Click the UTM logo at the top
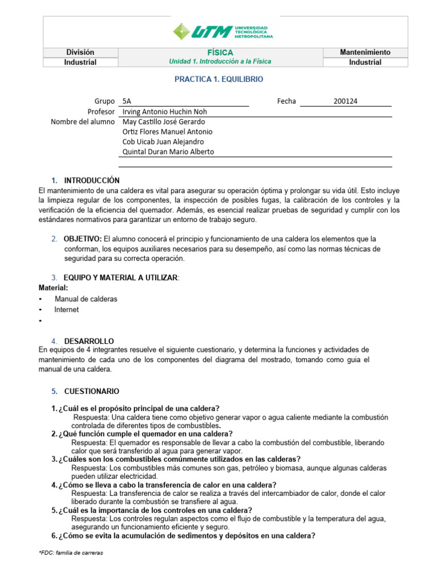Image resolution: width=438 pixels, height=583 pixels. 222,31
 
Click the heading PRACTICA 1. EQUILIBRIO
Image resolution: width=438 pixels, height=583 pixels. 219,80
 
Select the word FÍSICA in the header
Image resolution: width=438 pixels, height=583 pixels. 220,52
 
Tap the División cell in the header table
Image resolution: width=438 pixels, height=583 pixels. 80,52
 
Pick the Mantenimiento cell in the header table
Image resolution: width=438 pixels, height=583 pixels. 365,52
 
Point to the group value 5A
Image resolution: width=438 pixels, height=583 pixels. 127,101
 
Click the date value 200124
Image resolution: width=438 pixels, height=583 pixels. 346,101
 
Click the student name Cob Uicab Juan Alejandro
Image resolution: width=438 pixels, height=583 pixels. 163,142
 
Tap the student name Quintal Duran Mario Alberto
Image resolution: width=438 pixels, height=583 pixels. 169,151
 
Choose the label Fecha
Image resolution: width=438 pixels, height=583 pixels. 286,101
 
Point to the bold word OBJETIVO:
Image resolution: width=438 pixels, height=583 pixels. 83,239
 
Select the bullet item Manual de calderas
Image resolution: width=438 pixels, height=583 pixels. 86,299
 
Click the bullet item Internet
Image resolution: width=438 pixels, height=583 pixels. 67,310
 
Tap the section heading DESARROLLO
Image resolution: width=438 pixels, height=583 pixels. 89,340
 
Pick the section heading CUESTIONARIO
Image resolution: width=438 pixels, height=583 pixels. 92,392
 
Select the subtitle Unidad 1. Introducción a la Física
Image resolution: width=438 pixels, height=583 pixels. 220,61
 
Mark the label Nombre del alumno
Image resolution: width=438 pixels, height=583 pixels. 83,122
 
